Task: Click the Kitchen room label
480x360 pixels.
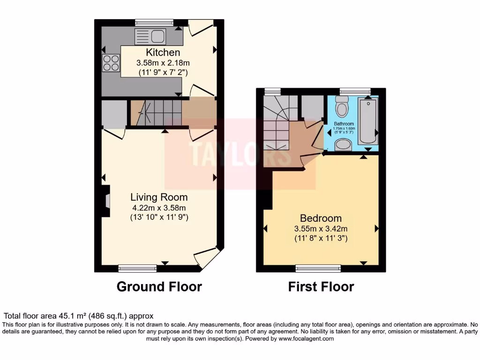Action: click(163, 52)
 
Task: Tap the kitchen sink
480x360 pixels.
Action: click(150, 36)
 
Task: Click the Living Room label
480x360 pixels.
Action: click(159, 197)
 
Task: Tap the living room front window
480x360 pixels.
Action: click(137, 268)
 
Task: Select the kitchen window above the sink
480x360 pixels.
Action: click(154, 22)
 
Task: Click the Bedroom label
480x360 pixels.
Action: click(321, 218)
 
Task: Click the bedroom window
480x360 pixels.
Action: click(318, 268)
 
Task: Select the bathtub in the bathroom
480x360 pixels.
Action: click(367, 121)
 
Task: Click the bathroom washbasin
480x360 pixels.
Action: click(344, 143)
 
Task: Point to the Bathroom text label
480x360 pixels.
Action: click(344, 124)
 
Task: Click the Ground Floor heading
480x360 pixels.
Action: click(159, 286)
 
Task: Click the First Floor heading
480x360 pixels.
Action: click(321, 286)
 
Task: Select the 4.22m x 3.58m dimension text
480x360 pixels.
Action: click(159, 208)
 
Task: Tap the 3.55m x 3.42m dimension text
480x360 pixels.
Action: click(321, 229)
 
